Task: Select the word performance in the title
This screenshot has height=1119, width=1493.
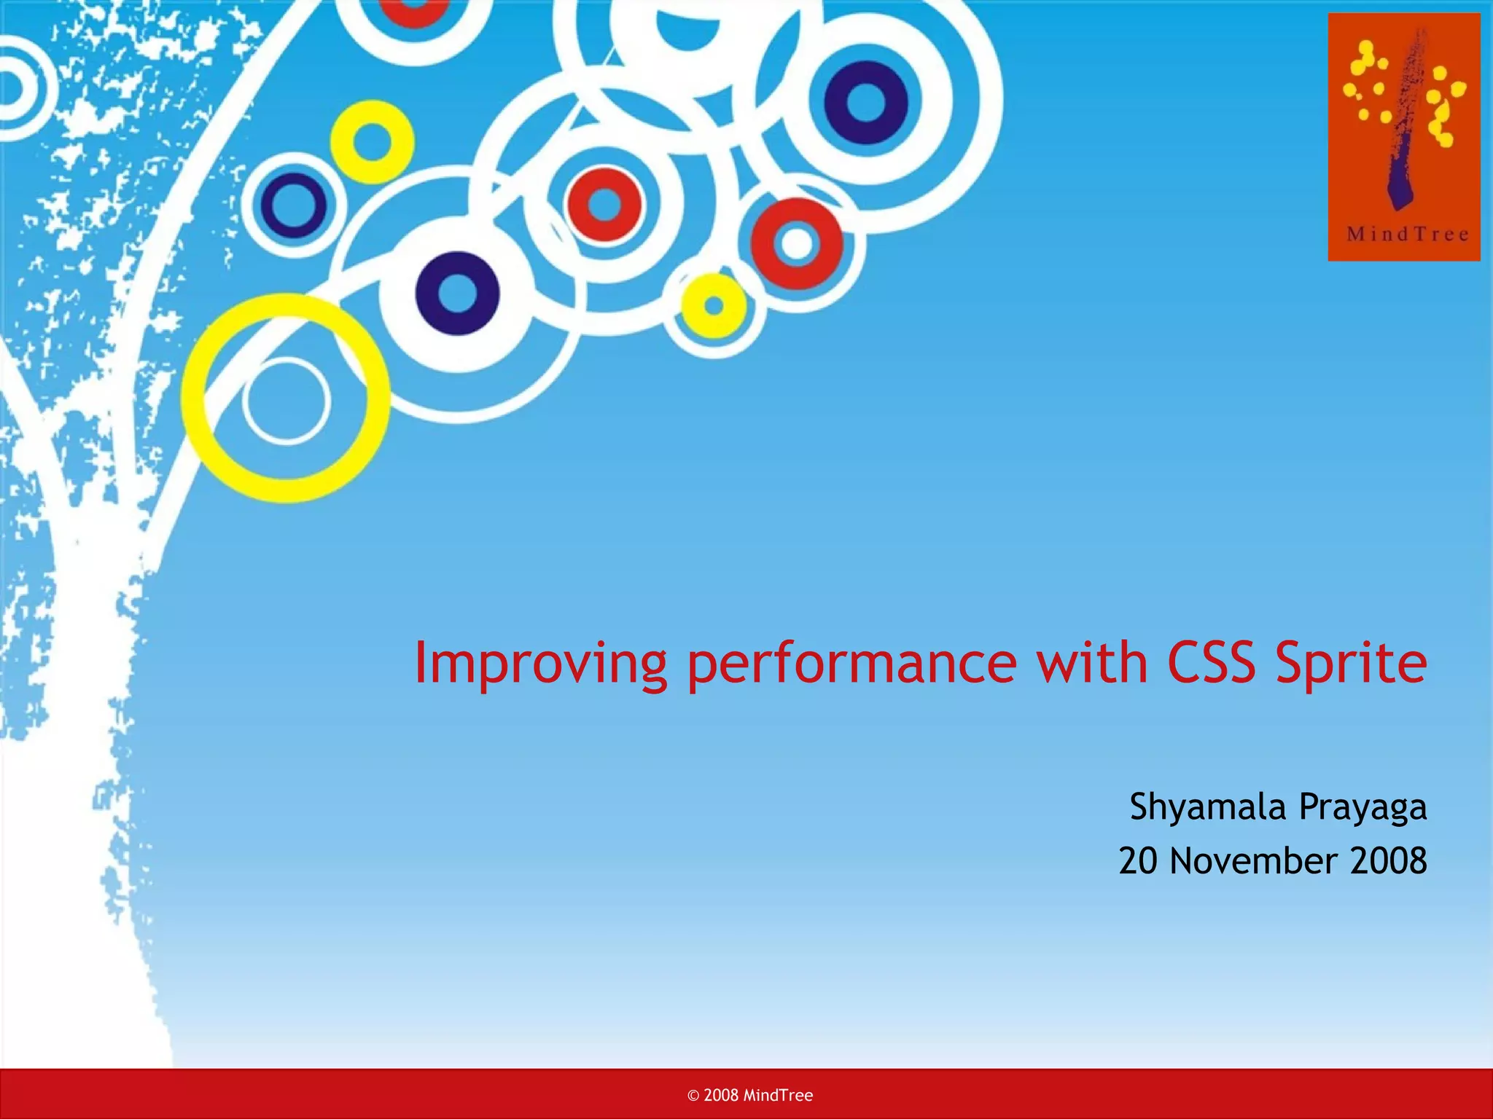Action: (x=851, y=664)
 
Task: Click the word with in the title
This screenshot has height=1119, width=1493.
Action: (x=1091, y=663)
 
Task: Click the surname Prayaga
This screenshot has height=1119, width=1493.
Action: (x=1363, y=808)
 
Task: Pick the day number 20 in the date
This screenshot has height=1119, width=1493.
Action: (x=1138, y=861)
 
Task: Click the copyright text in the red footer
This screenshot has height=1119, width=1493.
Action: (x=750, y=1095)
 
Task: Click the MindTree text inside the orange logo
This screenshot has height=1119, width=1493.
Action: (x=1407, y=234)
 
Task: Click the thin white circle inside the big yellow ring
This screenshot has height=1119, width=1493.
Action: (x=286, y=401)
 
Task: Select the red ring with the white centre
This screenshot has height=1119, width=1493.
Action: (x=797, y=243)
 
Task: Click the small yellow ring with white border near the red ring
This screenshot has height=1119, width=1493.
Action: (x=714, y=306)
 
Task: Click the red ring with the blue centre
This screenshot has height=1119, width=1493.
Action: (x=604, y=205)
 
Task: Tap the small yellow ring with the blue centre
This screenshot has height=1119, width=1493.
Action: (x=372, y=142)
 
